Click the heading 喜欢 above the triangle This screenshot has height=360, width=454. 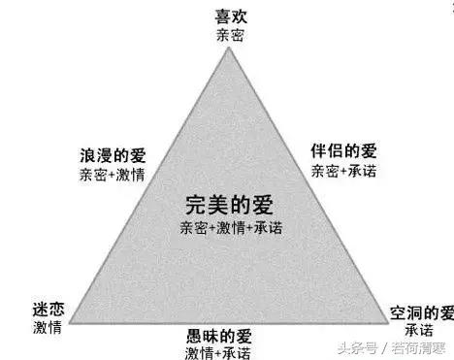point(230,16)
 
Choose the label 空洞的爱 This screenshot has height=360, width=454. point(421,312)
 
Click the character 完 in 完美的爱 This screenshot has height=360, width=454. point(193,206)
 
